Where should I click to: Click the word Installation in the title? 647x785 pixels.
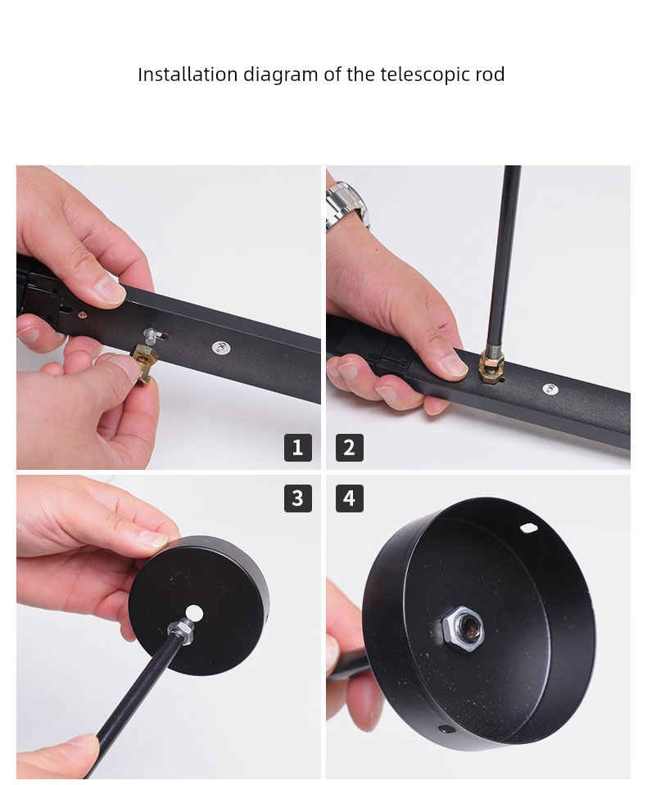click(x=188, y=74)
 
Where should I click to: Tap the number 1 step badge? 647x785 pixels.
click(x=298, y=448)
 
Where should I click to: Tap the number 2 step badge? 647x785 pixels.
click(x=350, y=448)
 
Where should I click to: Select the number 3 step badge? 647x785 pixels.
click(x=298, y=499)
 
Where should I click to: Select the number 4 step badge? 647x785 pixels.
click(x=350, y=499)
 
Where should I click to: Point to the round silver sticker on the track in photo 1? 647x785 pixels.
click(x=220, y=347)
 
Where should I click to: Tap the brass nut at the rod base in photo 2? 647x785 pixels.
click(x=491, y=367)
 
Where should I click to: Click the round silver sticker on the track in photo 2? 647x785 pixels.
click(x=550, y=389)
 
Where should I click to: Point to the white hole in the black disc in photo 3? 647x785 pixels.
click(x=194, y=613)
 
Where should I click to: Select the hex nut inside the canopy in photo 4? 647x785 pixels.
click(x=464, y=629)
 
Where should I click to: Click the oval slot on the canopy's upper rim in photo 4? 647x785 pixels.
click(x=529, y=527)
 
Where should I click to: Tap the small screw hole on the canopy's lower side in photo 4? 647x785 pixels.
click(x=446, y=729)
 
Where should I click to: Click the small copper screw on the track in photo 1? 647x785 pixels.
click(x=82, y=315)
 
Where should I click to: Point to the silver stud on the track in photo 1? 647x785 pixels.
click(x=152, y=335)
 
